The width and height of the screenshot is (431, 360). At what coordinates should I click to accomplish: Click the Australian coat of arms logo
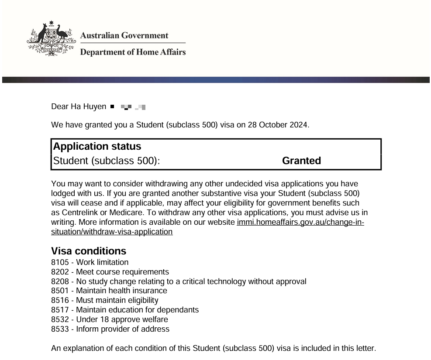[x=49, y=39]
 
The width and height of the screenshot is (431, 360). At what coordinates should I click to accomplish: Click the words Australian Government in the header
[x=124, y=35]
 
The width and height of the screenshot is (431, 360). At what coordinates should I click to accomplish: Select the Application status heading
[x=97, y=147]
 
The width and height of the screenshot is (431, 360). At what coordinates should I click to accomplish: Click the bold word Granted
[x=301, y=161]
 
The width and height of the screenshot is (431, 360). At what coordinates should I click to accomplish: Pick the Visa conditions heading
[x=89, y=251]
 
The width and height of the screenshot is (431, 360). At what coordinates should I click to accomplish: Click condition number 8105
[x=59, y=262]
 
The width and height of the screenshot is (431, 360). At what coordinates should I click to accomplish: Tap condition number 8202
[x=59, y=272]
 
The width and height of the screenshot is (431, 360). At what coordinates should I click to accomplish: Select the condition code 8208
[x=59, y=281]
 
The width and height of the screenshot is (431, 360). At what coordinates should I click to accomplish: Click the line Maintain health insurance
[x=121, y=291]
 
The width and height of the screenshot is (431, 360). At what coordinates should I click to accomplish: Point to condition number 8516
[x=59, y=300]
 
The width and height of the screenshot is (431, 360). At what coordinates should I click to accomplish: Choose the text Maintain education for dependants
[x=137, y=310]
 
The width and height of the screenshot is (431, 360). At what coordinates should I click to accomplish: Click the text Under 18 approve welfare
[x=122, y=319]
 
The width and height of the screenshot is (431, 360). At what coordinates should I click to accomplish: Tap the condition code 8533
[x=59, y=329]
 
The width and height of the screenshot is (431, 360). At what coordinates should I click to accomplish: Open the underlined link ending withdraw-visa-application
[x=112, y=232]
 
